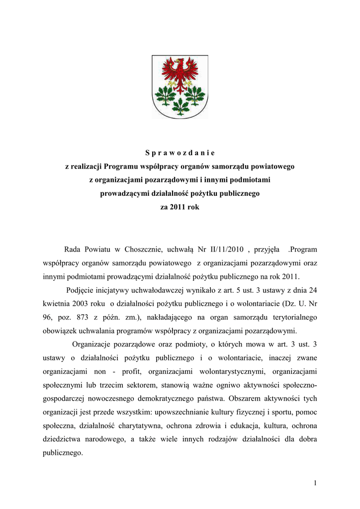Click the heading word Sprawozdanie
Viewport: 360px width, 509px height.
tap(180, 152)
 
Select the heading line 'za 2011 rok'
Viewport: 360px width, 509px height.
tap(180, 207)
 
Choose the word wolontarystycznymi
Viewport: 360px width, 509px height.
tap(230, 371)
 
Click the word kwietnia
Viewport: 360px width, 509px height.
tap(56, 303)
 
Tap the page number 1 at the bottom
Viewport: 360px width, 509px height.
tap(315, 485)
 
